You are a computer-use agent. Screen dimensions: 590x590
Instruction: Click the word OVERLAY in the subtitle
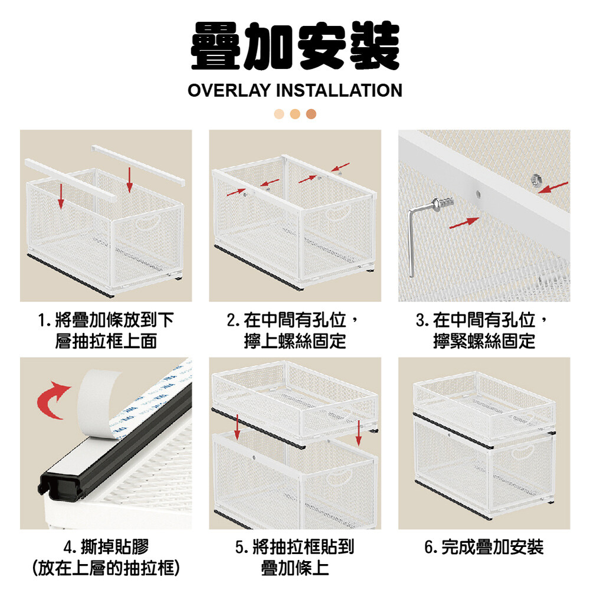229,91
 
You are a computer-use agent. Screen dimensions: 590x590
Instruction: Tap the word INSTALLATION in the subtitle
339,91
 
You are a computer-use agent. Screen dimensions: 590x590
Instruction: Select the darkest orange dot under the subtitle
311,114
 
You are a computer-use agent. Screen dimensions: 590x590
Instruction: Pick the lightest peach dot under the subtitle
279,114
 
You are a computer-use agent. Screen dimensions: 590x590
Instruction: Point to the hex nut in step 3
536,180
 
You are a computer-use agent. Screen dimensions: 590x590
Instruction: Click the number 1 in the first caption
42,320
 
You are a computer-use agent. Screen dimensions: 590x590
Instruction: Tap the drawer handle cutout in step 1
147,222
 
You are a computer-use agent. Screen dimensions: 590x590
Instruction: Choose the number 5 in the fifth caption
240,547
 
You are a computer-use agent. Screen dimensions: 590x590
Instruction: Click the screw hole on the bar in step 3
478,194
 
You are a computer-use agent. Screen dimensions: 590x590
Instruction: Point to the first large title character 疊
215,45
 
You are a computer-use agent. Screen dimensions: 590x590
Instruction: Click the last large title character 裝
375,45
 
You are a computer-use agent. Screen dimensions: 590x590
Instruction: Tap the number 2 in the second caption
231,320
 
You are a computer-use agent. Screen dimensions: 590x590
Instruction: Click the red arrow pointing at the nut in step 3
553,187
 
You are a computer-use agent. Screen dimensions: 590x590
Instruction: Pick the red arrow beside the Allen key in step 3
464,222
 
